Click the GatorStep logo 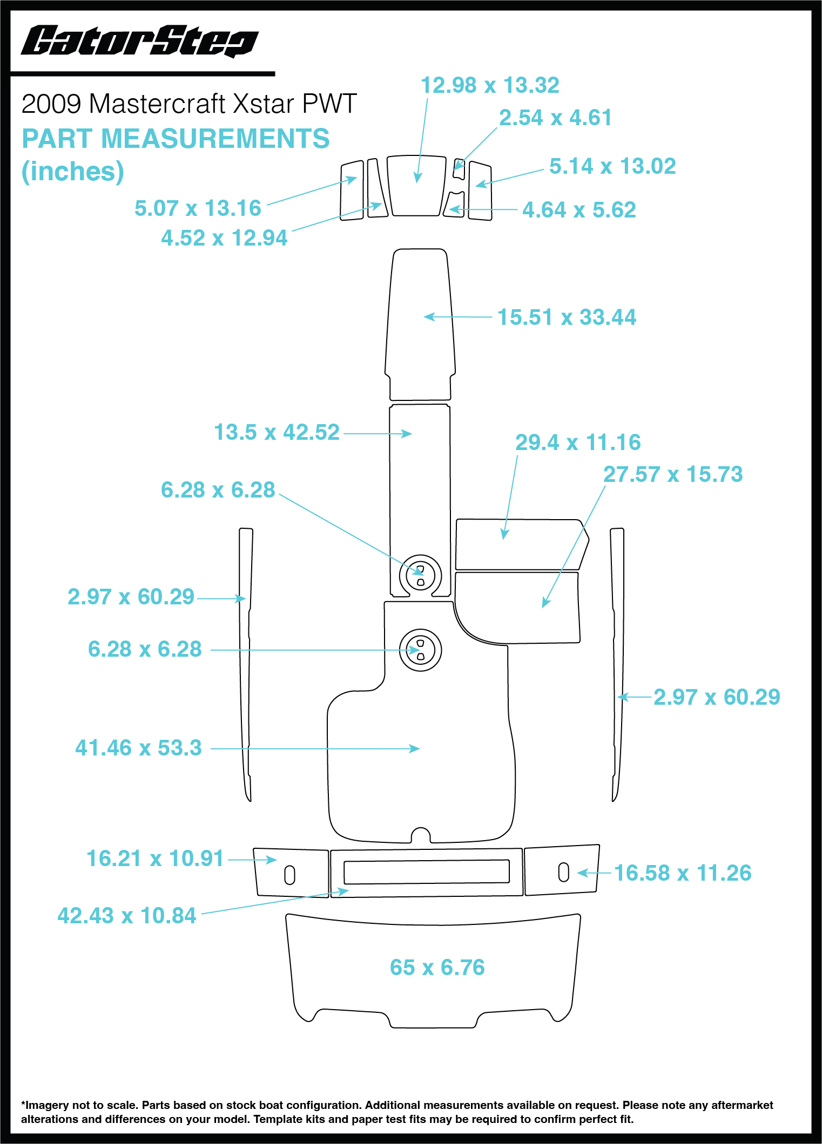pos(139,41)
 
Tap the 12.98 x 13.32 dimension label pos(489,85)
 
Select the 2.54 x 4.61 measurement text pos(555,118)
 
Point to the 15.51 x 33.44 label pos(566,317)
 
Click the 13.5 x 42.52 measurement pos(277,432)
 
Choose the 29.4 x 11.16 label pos(577,442)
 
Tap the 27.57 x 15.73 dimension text pos(672,474)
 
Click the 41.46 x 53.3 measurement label pos(138,748)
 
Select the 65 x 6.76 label pos(437,968)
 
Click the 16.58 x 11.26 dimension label pos(682,873)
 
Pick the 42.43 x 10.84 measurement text pos(127,916)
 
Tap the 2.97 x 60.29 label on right pos(716,697)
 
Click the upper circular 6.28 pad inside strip pos(420,575)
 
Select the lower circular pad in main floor pos(420,650)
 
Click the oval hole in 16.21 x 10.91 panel pos(289,875)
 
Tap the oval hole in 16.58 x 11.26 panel pos(563,871)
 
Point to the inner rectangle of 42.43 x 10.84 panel pos(426,871)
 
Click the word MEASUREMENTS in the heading pos(215,139)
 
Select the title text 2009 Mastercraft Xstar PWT pos(189,104)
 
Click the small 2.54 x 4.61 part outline pos(459,168)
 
